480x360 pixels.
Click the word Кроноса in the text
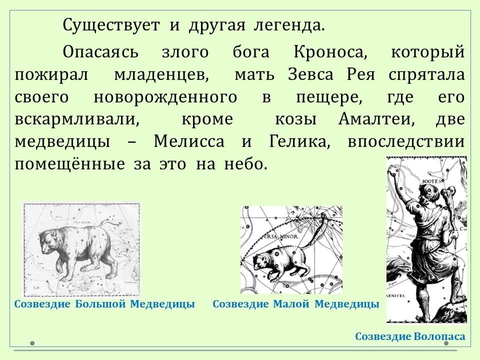pyautogui.click(x=330, y=51)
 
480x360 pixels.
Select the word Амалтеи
pyautogui.click(x=376, y=119)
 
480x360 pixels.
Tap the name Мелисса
pyautogui.click(x=189, y=141)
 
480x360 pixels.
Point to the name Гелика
pyautogui.click(x=299, y=141)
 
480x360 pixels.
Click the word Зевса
pyautogui.click(x=310, y=74)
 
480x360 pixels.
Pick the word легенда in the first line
pyautogui.click(x=288, y=25)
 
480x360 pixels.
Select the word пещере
pyautogui.click(x=329, y=97)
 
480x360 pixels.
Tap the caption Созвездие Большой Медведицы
pyautogui.click(x=104, y=304)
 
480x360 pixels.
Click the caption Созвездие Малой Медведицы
pyautogui.click(x=295, y=304)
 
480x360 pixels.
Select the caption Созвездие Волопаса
pyautogui.click(x=410, y=336)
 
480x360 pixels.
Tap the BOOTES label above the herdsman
pyautogui.click(x=431, y=181)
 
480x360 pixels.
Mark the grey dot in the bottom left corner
pyautogui.click(x=32, y=343)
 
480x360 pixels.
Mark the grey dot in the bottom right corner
pyautogui.click(x=446, y=343)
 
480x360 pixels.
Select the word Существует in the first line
pyautogui.click(x=111, y=25)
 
